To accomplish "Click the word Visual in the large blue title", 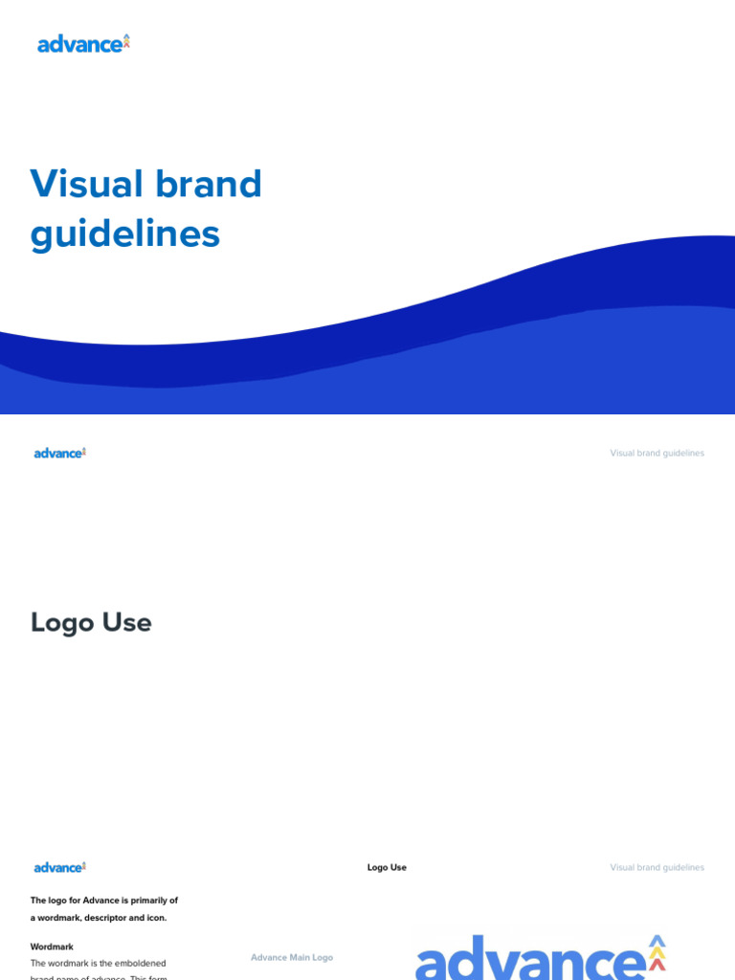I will click(87, 184).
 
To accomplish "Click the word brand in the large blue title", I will click(208, 184).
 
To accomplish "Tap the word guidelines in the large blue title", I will click(125, 234).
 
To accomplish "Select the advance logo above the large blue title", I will click(83, 44).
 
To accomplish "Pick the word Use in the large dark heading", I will click(127, 623).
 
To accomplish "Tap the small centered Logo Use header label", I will click(387, 868).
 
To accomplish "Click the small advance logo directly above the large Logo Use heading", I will click(60, 453).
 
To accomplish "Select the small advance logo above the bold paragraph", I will click(60, 867).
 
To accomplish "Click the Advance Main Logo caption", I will click(292, 957).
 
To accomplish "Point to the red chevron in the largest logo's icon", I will click(657, 965).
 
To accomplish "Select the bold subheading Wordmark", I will click(52, 947).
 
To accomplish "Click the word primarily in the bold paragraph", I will click(141, 901).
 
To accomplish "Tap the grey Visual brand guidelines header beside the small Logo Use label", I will click(657, 868).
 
